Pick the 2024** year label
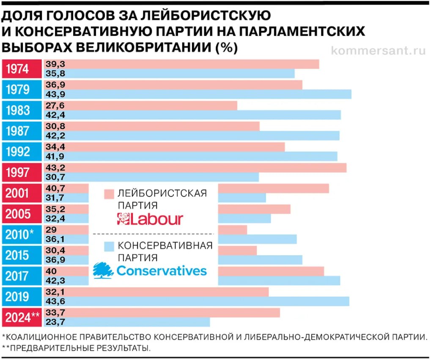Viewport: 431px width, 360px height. (x=22, y=317)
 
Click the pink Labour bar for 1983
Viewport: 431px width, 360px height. (x=152, y=105)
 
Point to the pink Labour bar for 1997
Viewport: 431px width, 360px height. (x=211, y=167)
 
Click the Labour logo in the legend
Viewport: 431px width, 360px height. (x=150, y=219)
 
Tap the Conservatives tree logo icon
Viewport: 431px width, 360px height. (x=103, y=270)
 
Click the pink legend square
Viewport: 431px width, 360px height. (x=109, y=194)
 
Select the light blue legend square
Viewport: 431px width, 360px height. (x=109, y=246)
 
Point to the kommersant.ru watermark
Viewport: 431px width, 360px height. (x=378, y=51)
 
